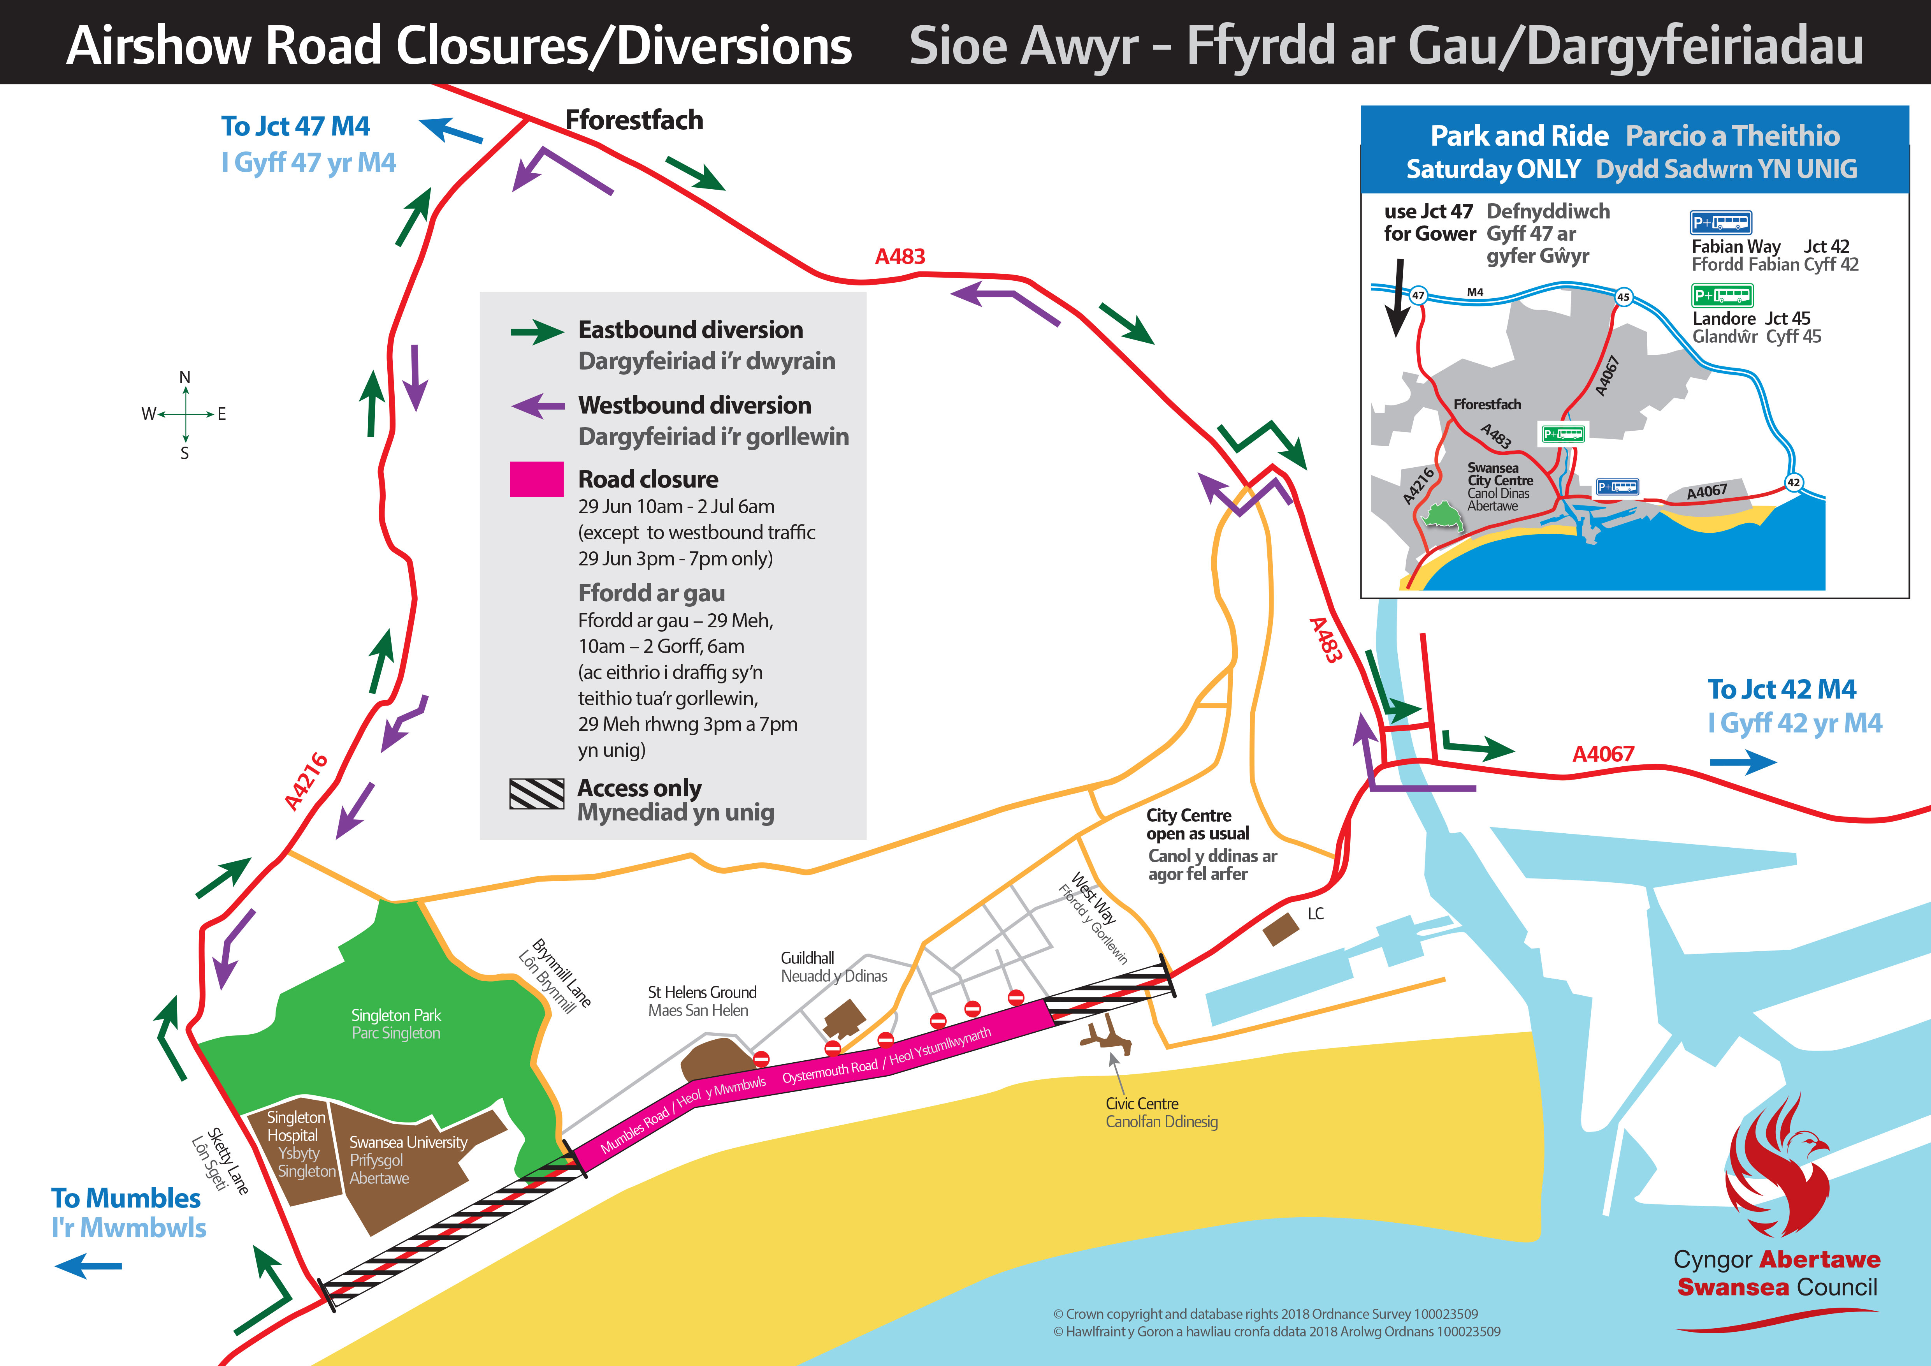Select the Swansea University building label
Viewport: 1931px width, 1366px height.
click(408, 1159)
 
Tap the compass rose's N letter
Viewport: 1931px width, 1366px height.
click(185, 377)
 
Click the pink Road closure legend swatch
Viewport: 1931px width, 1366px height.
click(537, 479)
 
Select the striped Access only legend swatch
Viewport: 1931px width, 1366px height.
click(537, 793)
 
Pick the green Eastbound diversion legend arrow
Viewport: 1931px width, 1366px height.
click(537, 332)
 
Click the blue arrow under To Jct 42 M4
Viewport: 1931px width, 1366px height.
click(1743, 762)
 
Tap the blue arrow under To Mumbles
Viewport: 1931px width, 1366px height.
click(88, 1265)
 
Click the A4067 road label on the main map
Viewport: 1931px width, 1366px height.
click(1603, 753)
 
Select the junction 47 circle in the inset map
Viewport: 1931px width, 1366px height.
click(1418, 295)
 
